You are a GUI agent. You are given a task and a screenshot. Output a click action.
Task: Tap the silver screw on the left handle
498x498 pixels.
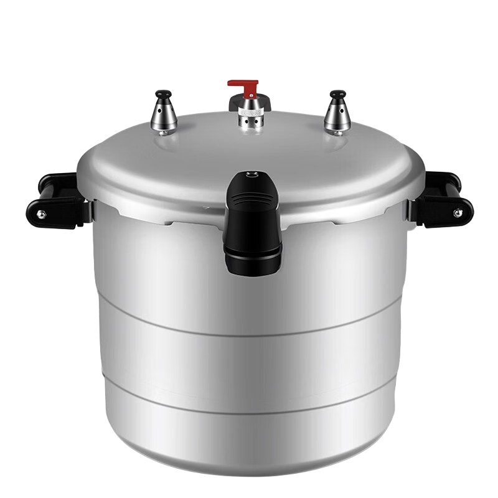point(41,214)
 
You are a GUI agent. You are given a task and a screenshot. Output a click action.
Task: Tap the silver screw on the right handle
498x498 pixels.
point(458,214)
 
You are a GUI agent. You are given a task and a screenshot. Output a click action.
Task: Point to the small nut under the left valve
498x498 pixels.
point(162,132)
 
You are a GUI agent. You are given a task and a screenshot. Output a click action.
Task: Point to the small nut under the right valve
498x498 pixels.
point(336,131)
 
